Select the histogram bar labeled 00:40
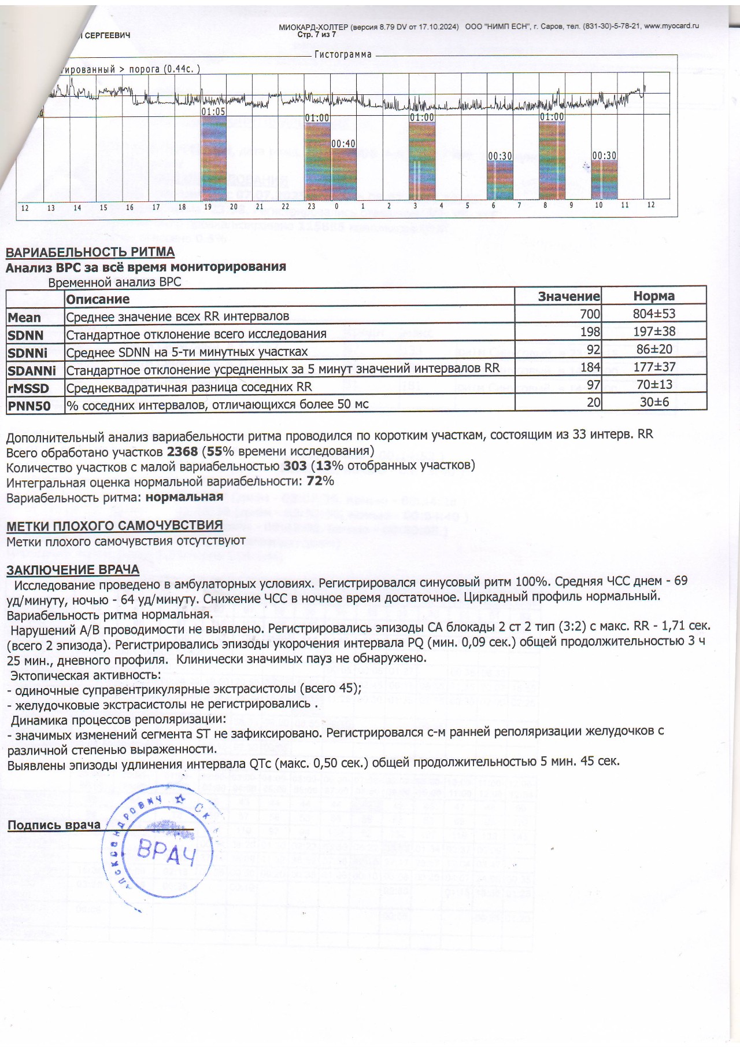(x=343, y=174)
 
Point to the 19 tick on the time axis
(x=208, y=207)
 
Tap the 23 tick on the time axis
(x=311, y=207)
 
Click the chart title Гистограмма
(x=343, y=54)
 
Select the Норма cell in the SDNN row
(x=654, y=332)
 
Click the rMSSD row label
(x=28, y=388)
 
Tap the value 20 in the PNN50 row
(x=594, y=402)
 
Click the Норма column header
(x=654, y=296)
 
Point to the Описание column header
(x=98, y=299)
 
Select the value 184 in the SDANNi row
(x=590, y=367)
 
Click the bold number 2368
(x=182, y=451)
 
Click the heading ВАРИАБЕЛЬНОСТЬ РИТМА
(x=90, y=252)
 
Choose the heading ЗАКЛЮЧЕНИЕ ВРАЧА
(x=73, y=570)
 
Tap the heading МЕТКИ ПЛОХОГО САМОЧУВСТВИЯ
(x=114, y=525)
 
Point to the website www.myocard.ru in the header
(x=671, y=26)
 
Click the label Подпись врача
(x=54, y=825)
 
